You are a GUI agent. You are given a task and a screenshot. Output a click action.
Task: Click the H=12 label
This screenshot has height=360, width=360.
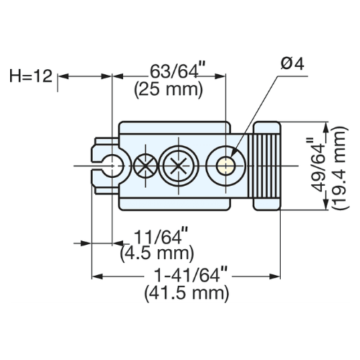tap(32, 76)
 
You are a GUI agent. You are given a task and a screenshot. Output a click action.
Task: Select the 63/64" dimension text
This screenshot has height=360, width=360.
tap(179, 72)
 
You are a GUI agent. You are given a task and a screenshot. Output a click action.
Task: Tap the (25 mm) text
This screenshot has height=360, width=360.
tap(170, 89)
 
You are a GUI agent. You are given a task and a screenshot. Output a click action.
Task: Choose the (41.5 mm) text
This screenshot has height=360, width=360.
tap(186, 293)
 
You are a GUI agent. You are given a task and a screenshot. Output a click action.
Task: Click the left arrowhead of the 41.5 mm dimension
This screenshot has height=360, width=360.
tap(95, 276)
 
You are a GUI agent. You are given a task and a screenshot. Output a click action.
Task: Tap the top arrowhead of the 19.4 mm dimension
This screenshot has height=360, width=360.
tap(328, 127)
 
